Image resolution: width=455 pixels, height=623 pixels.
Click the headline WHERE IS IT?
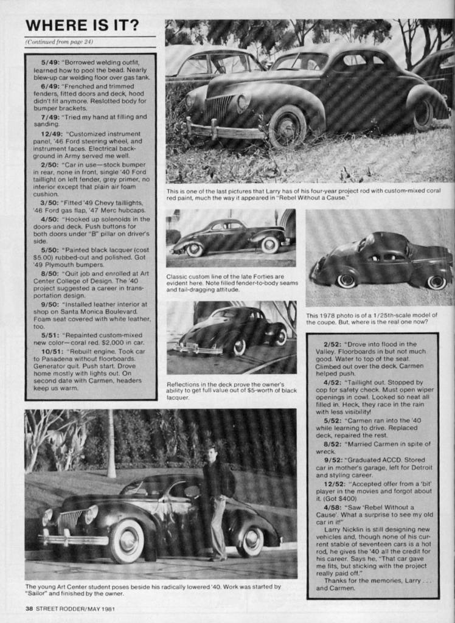(x=82, y=26)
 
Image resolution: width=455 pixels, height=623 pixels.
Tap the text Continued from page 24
(x=59, y=42)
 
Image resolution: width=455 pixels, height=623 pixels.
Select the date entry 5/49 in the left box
(x=51, y=62)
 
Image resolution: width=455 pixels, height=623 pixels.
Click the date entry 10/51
(x=52, y=351)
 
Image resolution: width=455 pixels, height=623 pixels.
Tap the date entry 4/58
(x=333, y=507)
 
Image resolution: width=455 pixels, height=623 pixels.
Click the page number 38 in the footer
(x=29, y=608)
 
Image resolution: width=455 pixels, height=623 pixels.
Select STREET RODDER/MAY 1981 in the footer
(x=75, y=608)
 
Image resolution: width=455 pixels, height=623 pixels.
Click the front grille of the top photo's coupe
(x=218, y=108)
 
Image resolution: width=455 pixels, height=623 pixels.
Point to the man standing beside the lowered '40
(x=216, y=502)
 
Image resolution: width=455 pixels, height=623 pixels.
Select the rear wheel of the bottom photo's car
(x=251, y=541)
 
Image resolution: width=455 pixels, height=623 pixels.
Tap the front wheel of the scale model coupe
(x=346, y=280)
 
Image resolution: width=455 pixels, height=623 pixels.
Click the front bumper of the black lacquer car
(x=198, y=350)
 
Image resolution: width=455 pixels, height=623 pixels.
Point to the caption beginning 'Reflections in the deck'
(x=232, y=391)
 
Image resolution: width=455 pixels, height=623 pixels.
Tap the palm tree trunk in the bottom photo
(x=111, y=444)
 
